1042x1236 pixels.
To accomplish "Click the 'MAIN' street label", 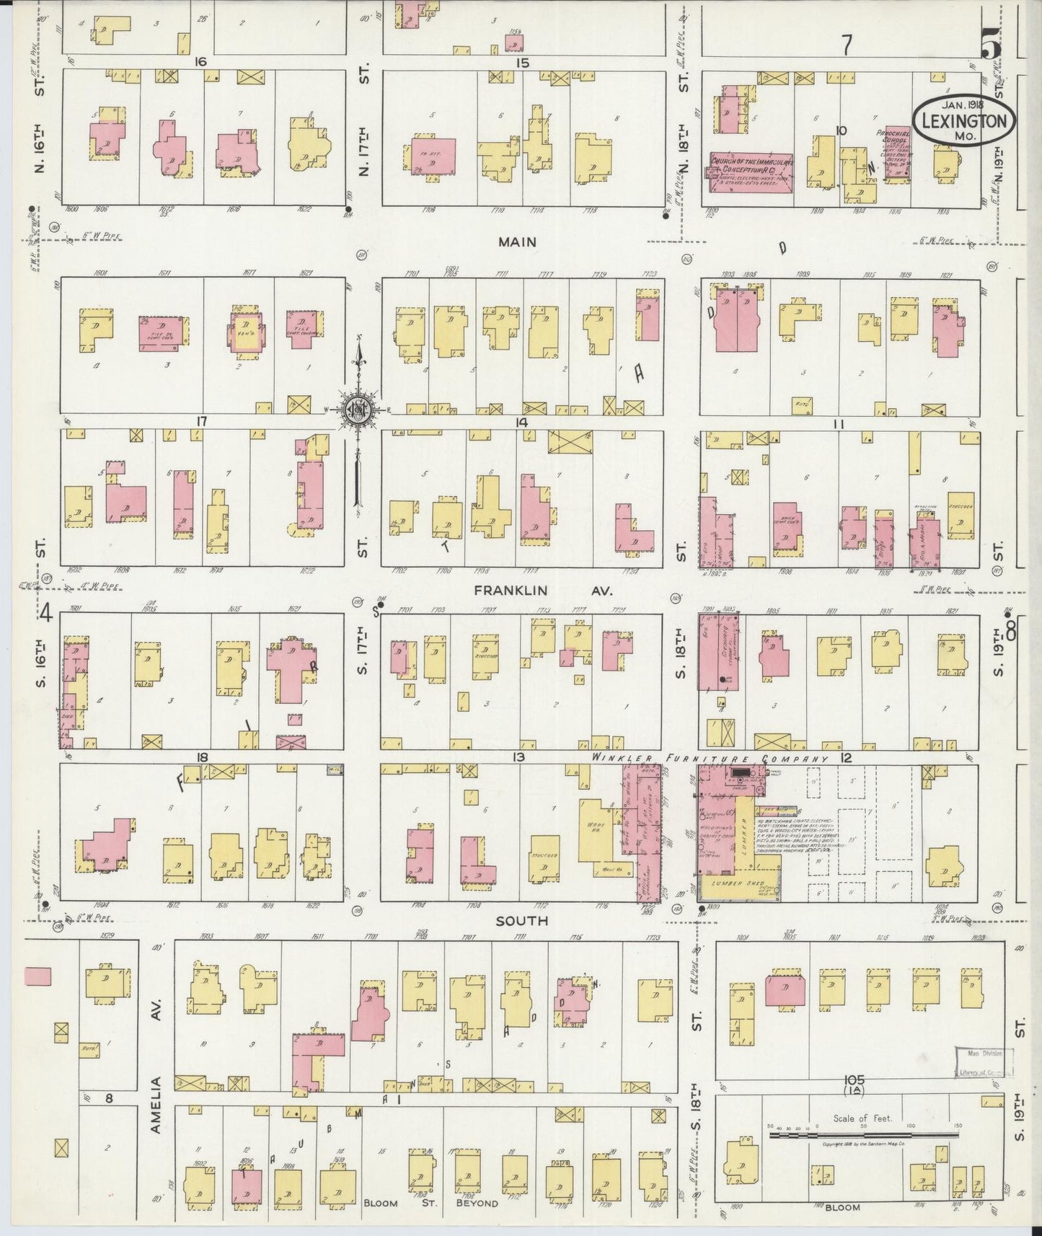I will (517, 242).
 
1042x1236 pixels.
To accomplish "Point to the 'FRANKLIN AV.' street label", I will (542, 591).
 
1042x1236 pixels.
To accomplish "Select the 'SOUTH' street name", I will (522, 921).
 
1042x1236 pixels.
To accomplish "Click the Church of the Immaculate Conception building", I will (752, 173).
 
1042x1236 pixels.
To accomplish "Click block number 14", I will (521, 422).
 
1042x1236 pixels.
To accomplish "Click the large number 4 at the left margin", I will (46, 614).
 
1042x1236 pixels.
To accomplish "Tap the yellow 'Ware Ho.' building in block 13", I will (596, 829).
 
